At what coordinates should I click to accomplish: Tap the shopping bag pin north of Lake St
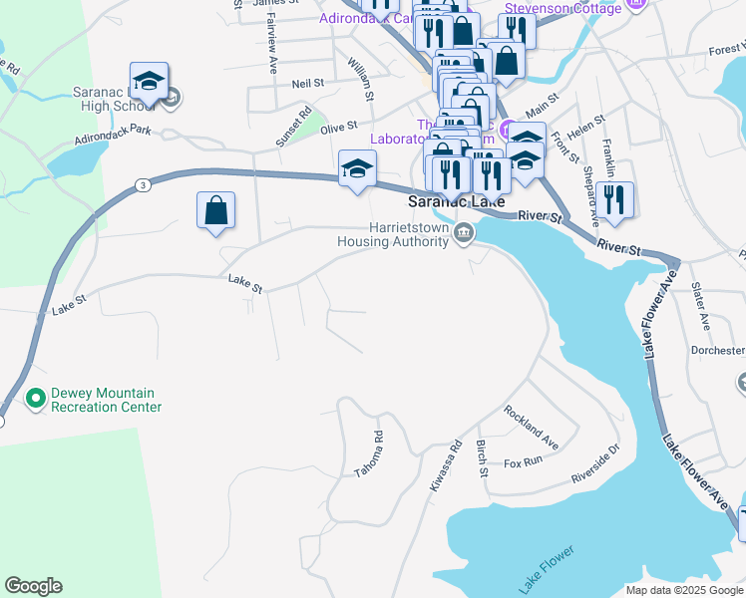click(215, 211)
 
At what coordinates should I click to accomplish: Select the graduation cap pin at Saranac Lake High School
click(149, 83)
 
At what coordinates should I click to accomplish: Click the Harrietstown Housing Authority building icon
click(464, 234)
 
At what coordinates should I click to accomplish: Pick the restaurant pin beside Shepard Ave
click(614, 200)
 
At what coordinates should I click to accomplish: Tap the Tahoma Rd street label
click(369, 453)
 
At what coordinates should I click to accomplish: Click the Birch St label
click(482, 457)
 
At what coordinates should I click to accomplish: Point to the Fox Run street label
click(523, 461)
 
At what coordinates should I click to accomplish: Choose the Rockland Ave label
click(531, 426)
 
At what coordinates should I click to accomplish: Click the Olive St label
click(338, 127)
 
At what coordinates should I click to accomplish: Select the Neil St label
click(303, 86)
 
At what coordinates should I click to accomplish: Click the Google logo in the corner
click(34, 585)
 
